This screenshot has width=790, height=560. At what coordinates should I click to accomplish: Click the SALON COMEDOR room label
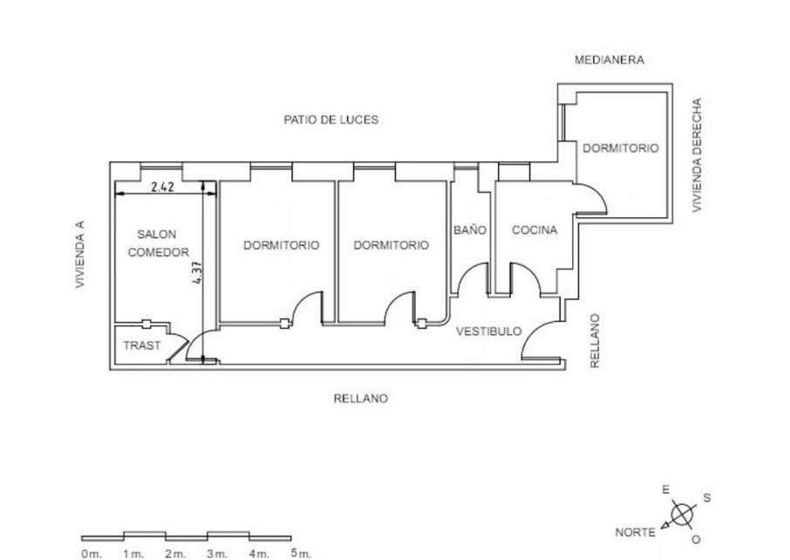coord(158,243)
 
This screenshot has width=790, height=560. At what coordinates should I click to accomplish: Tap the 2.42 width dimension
coord(163,187)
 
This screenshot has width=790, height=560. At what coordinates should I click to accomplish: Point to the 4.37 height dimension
coord(197,272)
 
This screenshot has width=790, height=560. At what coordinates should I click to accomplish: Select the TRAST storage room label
coord(141,345)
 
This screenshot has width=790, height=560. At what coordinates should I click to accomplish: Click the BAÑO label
coord(470,230)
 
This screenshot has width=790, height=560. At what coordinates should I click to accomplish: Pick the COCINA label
coord(535,230)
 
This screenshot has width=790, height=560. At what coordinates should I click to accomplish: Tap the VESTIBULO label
coord(488,331)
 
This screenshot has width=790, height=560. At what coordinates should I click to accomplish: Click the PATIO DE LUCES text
coord(331,120)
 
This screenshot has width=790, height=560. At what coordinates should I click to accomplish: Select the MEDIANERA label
coord(610,60)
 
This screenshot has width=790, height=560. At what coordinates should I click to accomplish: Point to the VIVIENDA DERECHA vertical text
coord(697,154)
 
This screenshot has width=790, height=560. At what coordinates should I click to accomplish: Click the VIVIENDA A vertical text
coord(80,255)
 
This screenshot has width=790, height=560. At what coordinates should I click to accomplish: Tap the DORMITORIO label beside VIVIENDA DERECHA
coord(620,148)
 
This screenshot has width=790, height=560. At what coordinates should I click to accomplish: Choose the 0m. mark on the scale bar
coord(92,554)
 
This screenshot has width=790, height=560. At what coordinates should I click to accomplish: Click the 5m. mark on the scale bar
coord(301,553)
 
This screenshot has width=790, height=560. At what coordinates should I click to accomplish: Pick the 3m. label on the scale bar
coord(217,554)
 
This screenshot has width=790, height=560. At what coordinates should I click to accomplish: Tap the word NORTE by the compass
coord(636,532)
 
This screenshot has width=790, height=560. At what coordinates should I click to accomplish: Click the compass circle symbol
coord(682,515)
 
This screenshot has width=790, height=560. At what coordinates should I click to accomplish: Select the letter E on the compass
coord(665,489)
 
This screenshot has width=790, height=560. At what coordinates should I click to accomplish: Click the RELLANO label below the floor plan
coord(361,399)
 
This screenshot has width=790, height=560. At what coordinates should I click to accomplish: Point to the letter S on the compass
coord(707,498)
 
